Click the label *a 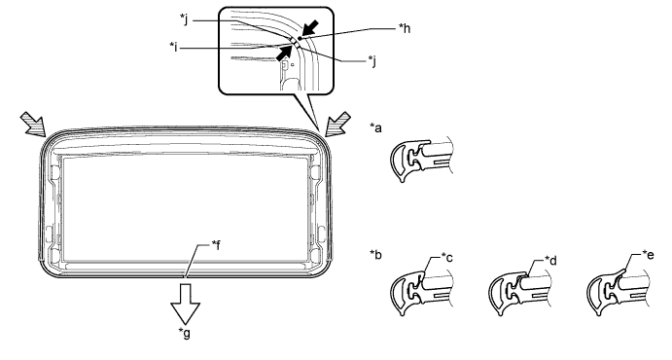375,127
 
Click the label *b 375,255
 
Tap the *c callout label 446,258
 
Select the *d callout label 550,260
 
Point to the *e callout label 648,255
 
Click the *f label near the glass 216,245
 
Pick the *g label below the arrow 185,333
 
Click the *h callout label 405,28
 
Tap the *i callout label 173,47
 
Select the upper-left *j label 184,19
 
